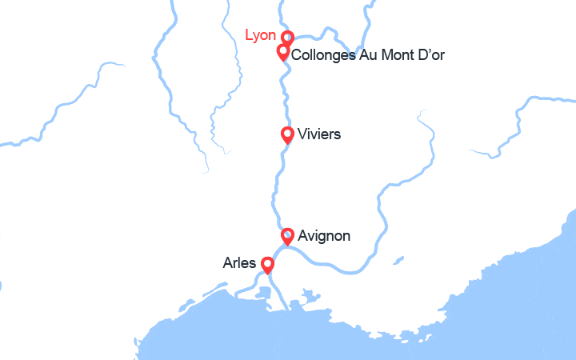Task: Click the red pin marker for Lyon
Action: coord(287,38)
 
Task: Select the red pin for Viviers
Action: coord(287,134)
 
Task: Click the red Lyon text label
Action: coord(261,35)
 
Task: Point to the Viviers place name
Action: coord(318,134)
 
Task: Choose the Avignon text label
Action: coord(323,236)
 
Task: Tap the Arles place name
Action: coord(240,262)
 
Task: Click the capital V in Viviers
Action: coord(301,134)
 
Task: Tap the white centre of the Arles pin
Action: coord(267,263)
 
